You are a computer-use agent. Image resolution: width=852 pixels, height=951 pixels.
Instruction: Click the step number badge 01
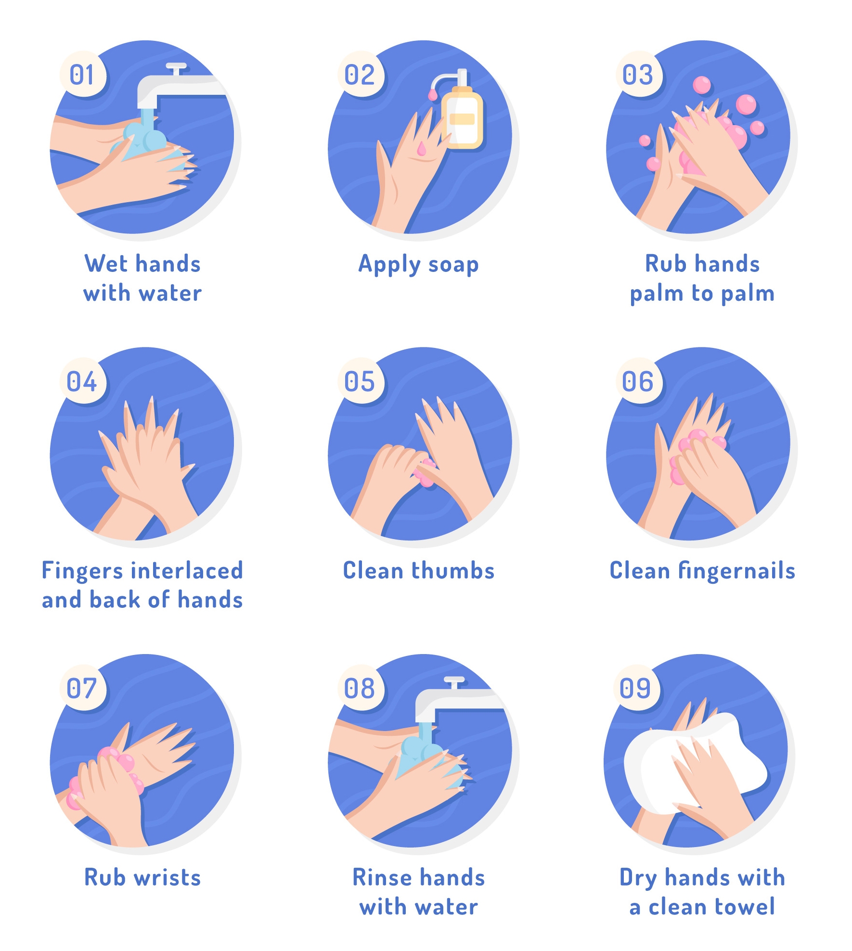tap(82, 75)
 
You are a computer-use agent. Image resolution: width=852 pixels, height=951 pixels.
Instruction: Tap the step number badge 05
tap(360, 381)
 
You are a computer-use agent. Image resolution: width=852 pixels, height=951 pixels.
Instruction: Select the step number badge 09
tap(636, 688)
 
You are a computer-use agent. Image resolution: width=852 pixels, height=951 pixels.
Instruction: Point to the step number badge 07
tap(82, 688)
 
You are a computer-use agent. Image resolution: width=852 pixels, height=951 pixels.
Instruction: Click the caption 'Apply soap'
tap(419, 265)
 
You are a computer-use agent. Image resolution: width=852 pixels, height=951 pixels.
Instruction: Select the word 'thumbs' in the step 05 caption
tap(453, 571)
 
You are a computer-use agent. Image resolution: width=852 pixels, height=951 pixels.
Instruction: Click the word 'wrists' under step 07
tap(167, 878)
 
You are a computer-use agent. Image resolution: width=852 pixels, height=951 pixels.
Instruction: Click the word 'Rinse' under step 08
tap(383, 877)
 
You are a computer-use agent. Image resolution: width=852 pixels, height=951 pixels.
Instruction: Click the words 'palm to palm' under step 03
tap(702, 294)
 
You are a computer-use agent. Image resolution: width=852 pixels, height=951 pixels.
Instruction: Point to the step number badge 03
tap(639, 75)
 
